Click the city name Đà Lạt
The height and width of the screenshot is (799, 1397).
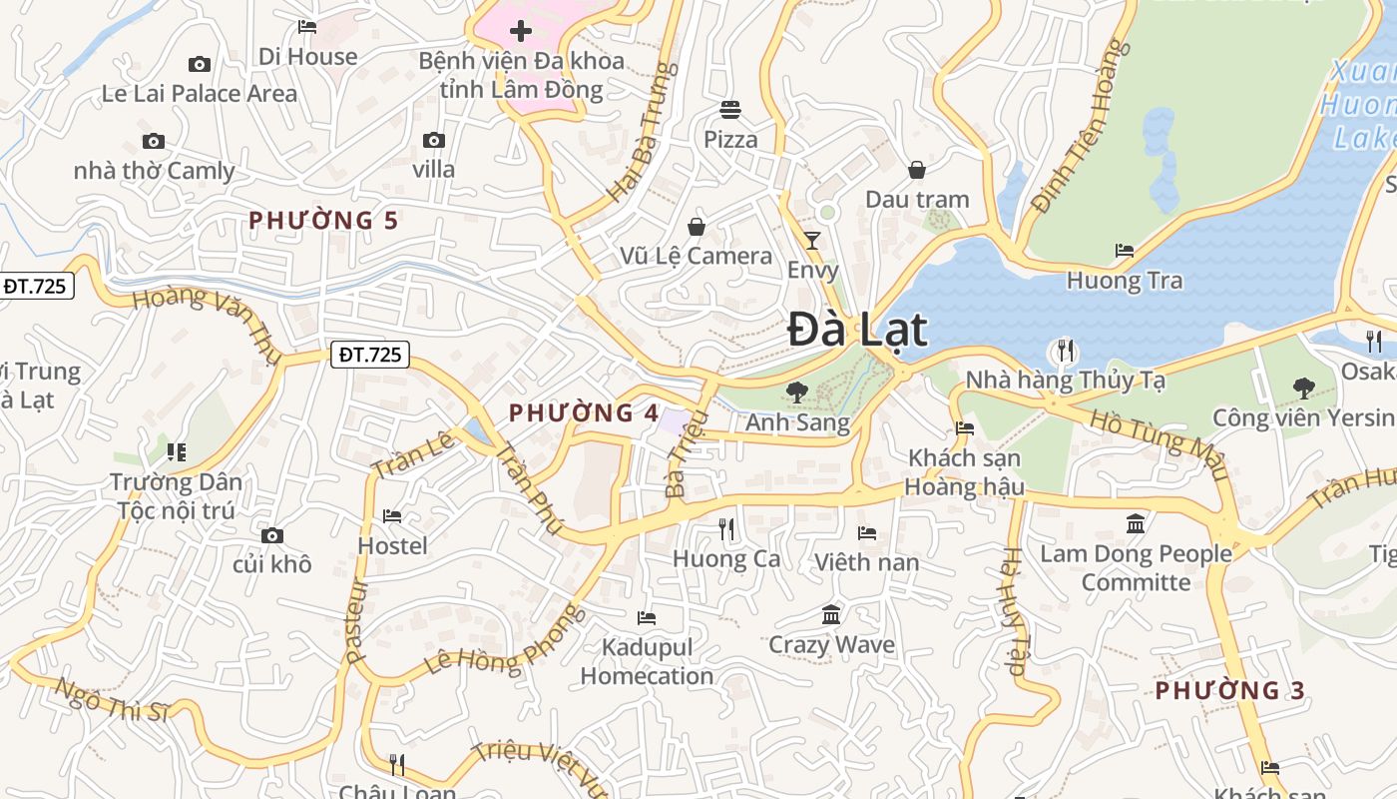coord(858,330)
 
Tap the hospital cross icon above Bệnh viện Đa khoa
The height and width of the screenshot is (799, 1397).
coord(520,31)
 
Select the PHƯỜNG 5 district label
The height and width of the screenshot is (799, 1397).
coord(323,221)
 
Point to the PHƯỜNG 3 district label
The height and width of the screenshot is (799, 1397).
coord(1230,690)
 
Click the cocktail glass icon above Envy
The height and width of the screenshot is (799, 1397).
coord(812,241)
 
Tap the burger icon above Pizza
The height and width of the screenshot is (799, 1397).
coord(730,109)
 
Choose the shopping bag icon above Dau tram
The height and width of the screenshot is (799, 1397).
coord(916,170)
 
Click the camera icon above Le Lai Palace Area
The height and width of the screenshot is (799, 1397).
coord(200,65)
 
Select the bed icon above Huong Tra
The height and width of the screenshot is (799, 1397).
coord(1125,251)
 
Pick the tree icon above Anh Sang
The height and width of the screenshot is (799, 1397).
coord(796,392)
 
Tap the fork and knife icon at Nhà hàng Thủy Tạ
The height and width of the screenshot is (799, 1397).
coord(1065,351)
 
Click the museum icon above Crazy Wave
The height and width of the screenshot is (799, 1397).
coord(831,613)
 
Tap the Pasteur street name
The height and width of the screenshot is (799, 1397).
coord(356,621)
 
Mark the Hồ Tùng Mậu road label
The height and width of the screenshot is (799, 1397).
coord(1158,445)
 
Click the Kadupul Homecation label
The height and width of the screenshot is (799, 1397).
coord(647,662)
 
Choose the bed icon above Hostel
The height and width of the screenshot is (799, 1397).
coord(392,516)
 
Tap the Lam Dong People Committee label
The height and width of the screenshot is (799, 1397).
coord(1136,567)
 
